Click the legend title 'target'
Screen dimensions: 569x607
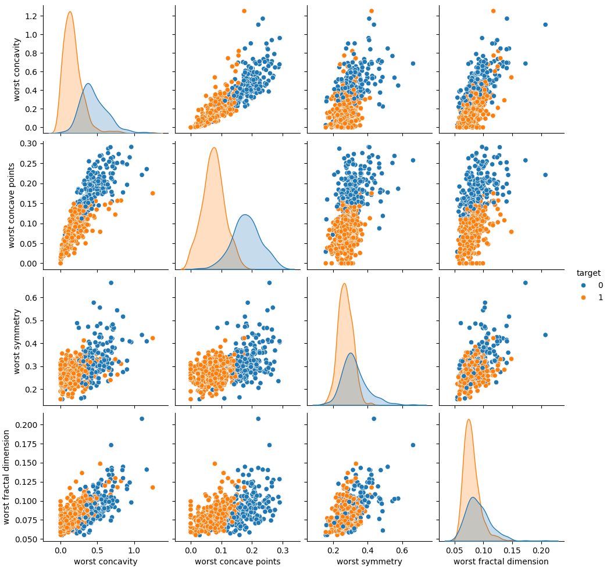[588, 272]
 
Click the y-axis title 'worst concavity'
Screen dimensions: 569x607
[17, 70]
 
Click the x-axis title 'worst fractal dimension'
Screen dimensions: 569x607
[501, 561]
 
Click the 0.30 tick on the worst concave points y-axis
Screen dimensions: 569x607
[28, 143]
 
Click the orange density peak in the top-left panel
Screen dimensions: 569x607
[70, 12]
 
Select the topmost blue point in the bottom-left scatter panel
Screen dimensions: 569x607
[141, 419]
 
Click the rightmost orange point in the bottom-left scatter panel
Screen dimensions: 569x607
[152, 487]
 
